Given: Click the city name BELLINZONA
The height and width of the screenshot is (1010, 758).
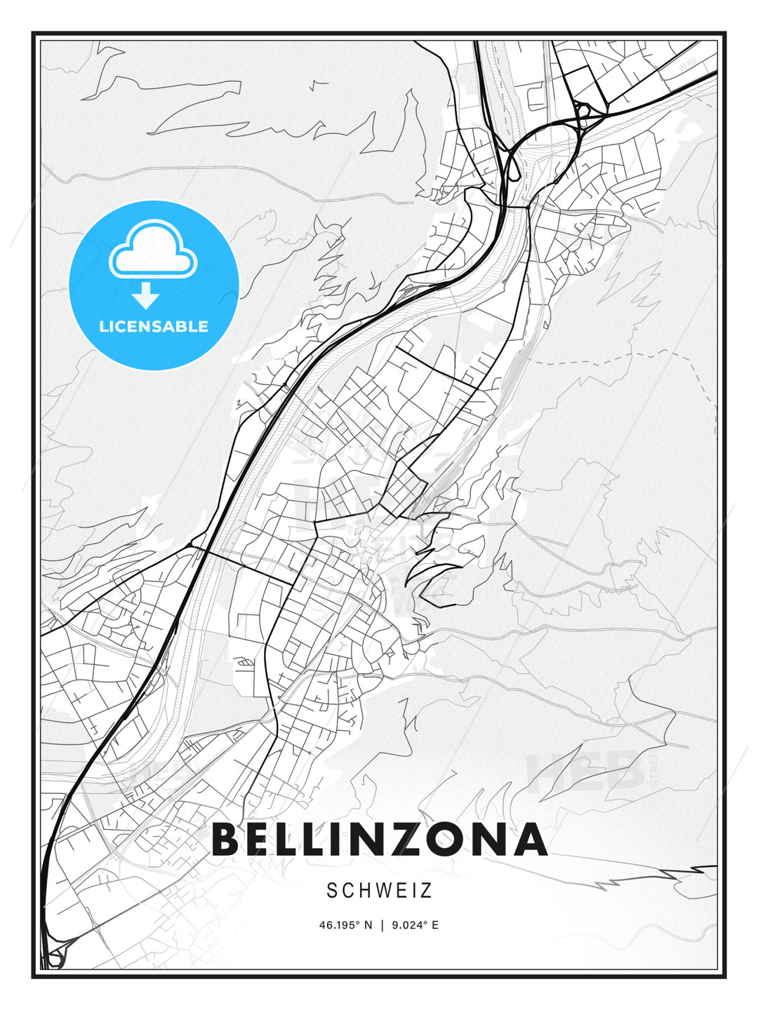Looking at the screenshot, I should tap(379, 840).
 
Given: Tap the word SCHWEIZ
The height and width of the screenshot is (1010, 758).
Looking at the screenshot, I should tap(379, 891).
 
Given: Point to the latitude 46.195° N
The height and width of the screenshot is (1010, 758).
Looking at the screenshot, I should tap(346, 925).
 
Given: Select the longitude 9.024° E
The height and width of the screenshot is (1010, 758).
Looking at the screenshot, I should tap(414, 925).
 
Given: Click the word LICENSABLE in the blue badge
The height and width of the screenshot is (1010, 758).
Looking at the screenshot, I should tap(154, 326).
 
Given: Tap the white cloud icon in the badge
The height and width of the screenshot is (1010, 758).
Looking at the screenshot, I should tap(153, 250).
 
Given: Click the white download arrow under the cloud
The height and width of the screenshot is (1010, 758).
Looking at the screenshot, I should tap(146, 295).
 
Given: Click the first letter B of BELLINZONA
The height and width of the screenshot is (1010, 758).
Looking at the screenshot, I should tap(226, 840).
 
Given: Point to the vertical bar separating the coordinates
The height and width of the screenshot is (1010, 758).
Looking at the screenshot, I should tap(382, 925).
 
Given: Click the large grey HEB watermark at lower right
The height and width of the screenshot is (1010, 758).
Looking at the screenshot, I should tap(586, 772).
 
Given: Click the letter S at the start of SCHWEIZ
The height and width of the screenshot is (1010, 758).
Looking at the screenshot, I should tap(332, 891).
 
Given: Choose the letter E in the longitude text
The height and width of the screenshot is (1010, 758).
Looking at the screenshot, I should tap(435, 925).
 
